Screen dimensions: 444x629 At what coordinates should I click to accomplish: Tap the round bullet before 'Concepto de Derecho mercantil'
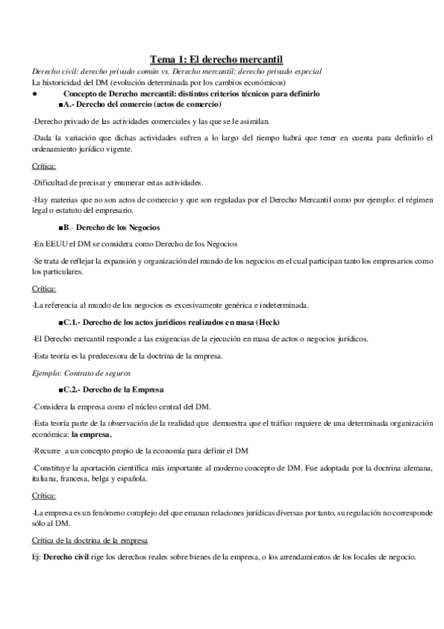(35, 95)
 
